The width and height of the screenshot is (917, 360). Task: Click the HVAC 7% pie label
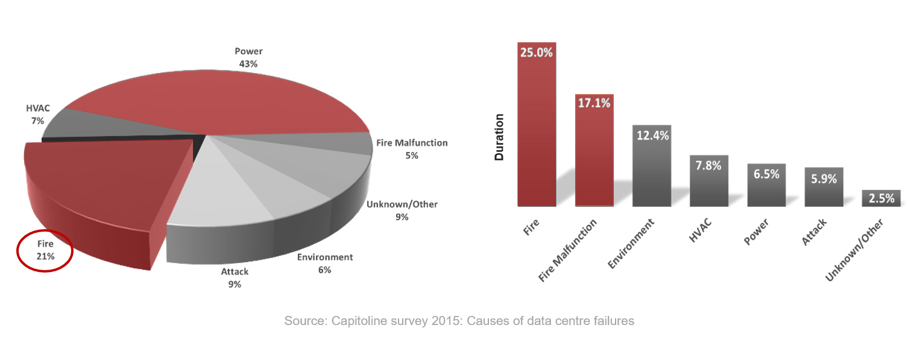pos(37,115)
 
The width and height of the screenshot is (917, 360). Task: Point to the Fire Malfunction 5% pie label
pos(412,149)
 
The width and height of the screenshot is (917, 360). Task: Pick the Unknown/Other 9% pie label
pos(402,210)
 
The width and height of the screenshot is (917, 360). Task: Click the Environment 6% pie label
pos(325,264)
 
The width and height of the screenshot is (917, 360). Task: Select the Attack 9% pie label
pos(235,277)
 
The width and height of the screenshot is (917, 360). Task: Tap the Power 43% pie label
pos(248,57)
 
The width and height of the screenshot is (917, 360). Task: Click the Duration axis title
pos(499,137)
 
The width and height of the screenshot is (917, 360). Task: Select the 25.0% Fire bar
pos(536,127)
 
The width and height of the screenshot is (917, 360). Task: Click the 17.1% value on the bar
pos(594,103)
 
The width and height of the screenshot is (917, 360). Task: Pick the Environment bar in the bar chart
pos(651,166)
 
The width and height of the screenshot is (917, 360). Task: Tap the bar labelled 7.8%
pos(708,181)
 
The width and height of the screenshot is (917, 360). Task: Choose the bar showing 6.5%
pos(766,185)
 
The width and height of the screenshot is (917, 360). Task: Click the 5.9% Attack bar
pos(824,187)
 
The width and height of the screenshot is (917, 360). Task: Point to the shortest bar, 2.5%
pos(881,198)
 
